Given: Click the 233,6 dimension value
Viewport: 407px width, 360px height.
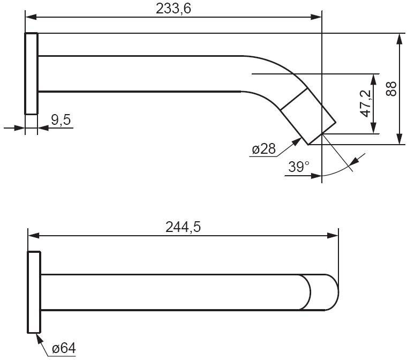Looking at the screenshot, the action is [x=174, y=9].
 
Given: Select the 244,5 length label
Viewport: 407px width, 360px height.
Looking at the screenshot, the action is [x=183, y=227].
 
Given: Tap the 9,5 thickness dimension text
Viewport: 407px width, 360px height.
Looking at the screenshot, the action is [x=61, y=120].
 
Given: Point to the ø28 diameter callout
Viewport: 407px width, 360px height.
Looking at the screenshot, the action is [x=263, y=149].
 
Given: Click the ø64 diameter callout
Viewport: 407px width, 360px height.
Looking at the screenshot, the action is [x=64, y=348].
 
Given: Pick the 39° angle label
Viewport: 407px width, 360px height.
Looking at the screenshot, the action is [x=299, y=167].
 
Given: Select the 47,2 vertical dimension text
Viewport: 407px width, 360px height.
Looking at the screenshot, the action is [x=365, y=103].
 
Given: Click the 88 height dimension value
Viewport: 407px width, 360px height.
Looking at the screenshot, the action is [x=391, y=88].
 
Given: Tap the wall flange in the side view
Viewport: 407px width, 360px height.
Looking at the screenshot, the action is [x=32, y=73].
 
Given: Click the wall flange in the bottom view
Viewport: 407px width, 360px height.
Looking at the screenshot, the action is [x=34, y=292].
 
